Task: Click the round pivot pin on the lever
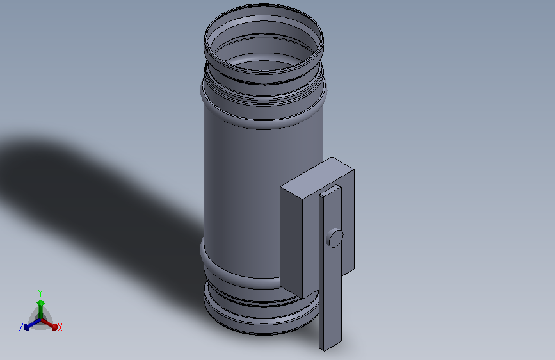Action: point(335,238)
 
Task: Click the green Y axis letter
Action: point(40,293)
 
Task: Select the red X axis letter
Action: point(60,328)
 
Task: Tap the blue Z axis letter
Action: point(21,327)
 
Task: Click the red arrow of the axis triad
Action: point(49,324)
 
